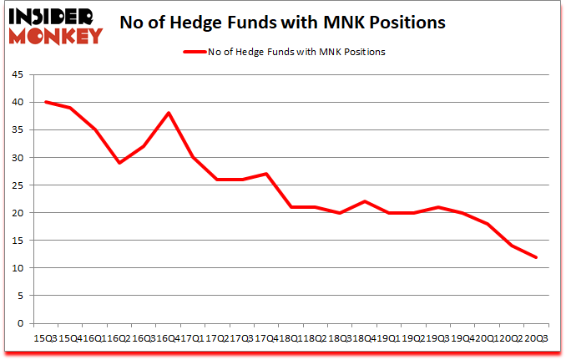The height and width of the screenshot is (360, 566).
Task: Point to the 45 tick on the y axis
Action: pyautogui.click(x=17, y=74)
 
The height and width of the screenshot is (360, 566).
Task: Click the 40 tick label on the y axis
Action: pyautogui.click(x=17, y=102)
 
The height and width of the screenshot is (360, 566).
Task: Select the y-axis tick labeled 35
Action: pyautogui.click(x=17, y=129)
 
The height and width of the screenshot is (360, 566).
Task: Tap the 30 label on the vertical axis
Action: pyautogui.click(x=17, y=157)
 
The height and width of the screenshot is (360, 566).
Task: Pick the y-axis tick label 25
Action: pyautogui.click(x=17, y=185)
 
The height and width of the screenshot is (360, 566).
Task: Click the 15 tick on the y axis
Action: pyautogui.click(x=17, y=241)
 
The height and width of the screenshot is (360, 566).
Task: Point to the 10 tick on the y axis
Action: pyautogui.click(x=17, y=268)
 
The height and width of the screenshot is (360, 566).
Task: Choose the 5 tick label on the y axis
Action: pyautogui.click(x=19, y=296)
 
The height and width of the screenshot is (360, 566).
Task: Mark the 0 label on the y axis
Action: pyautogui.click(x=19, y=323)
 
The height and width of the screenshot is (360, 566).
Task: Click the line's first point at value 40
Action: pyautogui.click(x=45, y=102)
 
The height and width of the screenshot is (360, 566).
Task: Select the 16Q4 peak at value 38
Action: pyautogui.click(x=169, y=113)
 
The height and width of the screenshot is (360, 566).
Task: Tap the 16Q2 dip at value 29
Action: pyautogui.click(x=119, y=163)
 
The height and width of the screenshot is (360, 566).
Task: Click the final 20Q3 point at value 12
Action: pyautogui.click(x=537, y=256)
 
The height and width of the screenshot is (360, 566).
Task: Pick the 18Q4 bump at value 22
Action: pyautogui.click(x=364, y=201)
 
